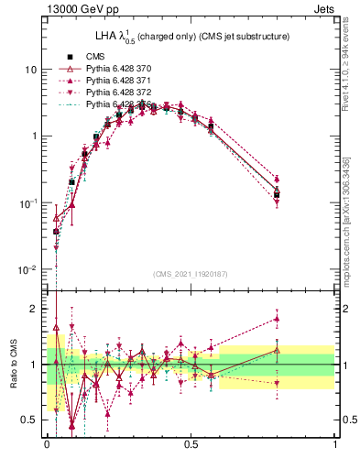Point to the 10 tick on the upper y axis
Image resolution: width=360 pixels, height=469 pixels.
click(30, 70)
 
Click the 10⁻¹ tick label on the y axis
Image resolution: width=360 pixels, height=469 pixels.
click(28, 202)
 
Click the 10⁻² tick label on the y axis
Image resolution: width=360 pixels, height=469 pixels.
click(28, 269)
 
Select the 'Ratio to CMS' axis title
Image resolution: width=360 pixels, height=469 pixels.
click(13, 365)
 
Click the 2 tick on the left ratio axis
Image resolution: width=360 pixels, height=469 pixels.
click(35, 309)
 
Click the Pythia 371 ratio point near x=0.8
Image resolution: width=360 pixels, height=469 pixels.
click(277, 320)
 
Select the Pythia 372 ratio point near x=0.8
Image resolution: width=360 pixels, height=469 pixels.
click(277, 384)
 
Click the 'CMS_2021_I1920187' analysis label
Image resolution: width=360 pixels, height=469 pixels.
click(191, 274)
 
